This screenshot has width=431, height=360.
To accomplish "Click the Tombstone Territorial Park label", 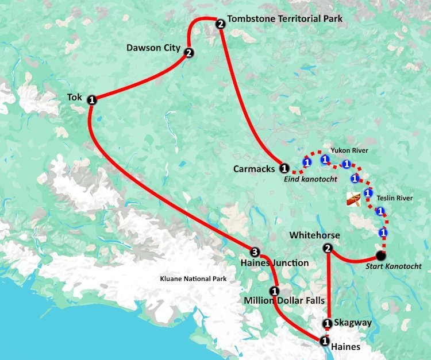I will [284, 19].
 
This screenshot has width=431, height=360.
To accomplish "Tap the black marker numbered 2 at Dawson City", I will [188, 53].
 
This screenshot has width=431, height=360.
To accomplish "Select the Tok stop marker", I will [91, 100].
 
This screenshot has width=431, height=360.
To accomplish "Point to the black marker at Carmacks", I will [284, 169].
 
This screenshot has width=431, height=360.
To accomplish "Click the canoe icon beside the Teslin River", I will [353, 199].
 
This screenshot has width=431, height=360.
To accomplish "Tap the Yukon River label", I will [349, 150].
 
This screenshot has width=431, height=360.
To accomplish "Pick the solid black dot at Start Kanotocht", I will [380, 256].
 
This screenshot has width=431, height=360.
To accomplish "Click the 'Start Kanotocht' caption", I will [396, 266].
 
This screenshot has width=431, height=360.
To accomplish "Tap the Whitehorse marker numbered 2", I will [328, 249].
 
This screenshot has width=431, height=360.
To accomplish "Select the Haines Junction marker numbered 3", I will [255, 251].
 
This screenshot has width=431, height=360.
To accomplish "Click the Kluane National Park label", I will [193, 279].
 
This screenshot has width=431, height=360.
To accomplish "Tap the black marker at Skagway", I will [328, 323].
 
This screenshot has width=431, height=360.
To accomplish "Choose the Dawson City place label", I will [153, 48].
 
